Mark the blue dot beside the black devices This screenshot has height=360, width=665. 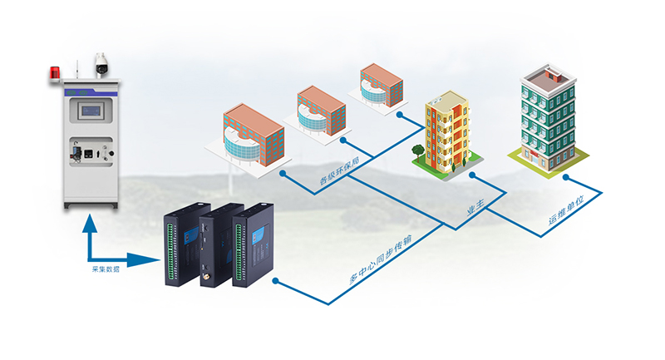point(277,284)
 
